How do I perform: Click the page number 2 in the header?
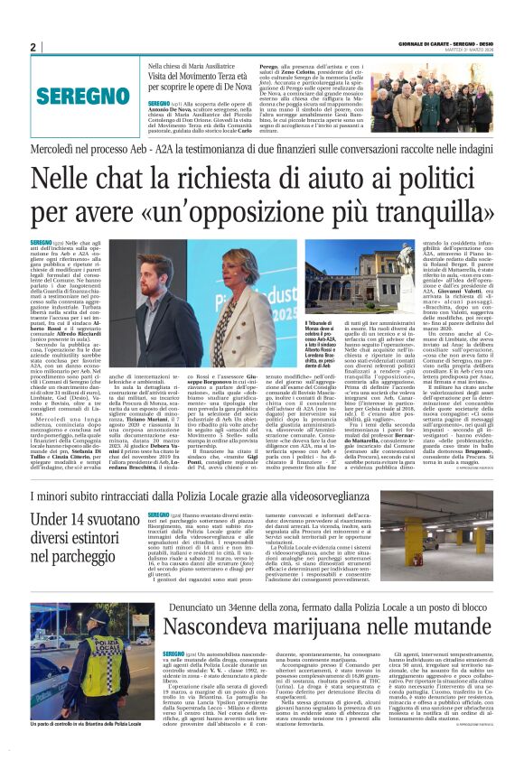point(33,48)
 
